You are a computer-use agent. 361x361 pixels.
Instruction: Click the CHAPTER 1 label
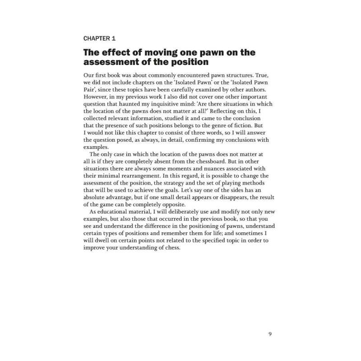click(101, 39)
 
